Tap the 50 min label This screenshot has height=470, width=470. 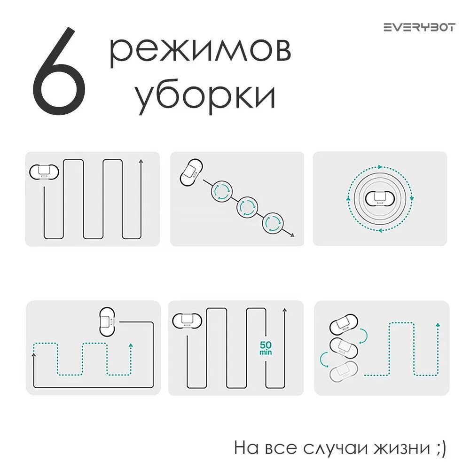pyautogui.click(x=266, y=347)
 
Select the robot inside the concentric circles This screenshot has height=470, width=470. pyautogui.click(x=379, y=199)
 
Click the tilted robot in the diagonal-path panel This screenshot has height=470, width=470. pyautogui.click(x=192, y=172)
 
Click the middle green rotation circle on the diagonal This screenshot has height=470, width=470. pyautogui.click(x=247, y=207)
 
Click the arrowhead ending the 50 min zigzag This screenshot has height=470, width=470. pyautogui.click(x=284, y=311)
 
